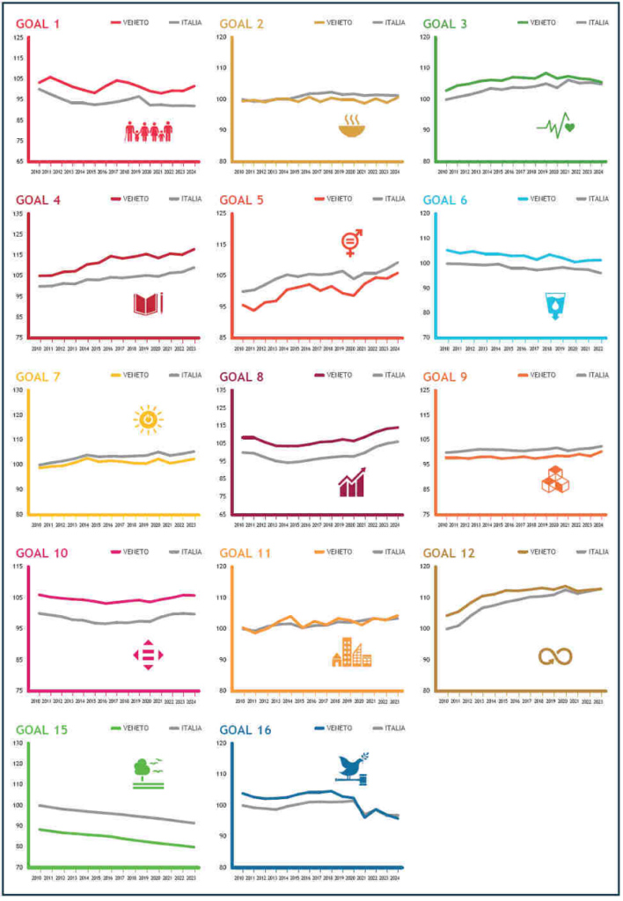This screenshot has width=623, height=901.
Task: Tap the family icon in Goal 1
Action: click(x=149, y=133)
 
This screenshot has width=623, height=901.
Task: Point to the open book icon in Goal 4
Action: click(x=148, y=304)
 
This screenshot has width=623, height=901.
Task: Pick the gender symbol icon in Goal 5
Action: click(x=351, y=242)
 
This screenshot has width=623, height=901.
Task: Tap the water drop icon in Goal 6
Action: click(x=555, y=305)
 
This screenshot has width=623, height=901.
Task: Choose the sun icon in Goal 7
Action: click(x=148, y=419)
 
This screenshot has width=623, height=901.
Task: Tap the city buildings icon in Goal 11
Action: click(x=351, y=652)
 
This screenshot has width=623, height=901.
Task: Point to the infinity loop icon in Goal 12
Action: click(x=555, y=656)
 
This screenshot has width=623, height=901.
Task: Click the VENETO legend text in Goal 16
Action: click(x=340, y=728)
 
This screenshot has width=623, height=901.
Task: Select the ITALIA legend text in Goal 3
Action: click(x=595, y=23)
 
